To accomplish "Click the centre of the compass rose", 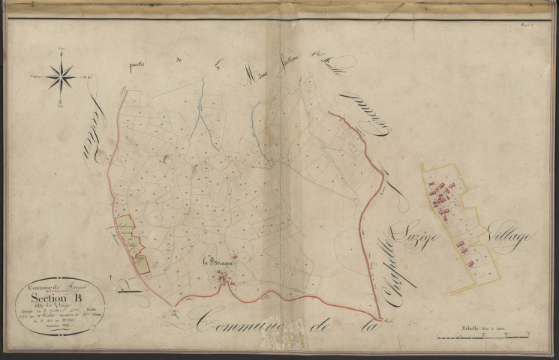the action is [60, 76].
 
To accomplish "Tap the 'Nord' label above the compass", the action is [60, 49].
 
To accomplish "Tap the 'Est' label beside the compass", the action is [89, 76].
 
